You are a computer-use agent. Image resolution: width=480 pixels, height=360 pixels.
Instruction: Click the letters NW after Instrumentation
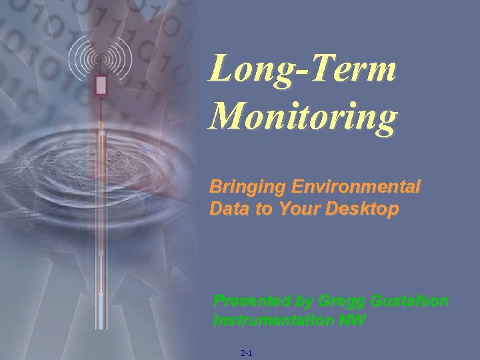coord(354,320)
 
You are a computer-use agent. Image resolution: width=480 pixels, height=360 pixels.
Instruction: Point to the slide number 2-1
coord(245,352)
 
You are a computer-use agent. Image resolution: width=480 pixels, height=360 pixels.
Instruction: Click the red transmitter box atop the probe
coord(101,85)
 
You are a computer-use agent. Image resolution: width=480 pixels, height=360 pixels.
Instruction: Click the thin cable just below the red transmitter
coord(101,107)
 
